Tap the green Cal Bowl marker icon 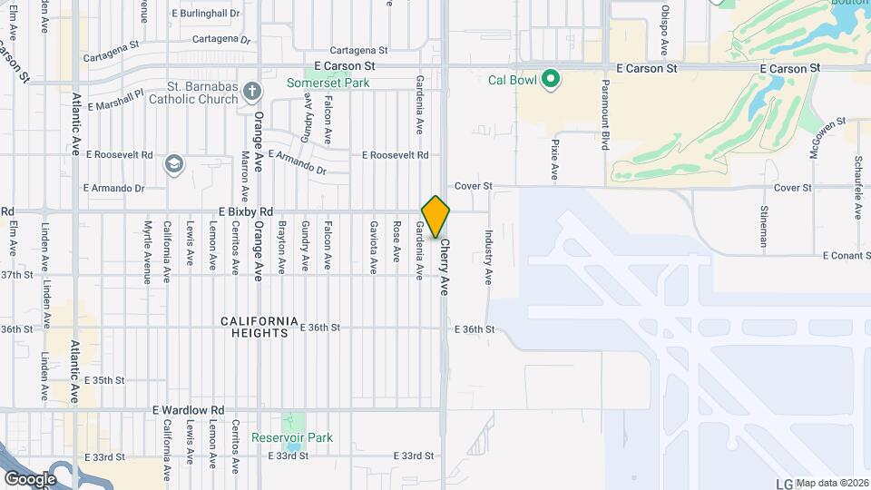550,80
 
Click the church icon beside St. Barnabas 251,91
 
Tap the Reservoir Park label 293,437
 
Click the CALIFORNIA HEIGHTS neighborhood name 259,327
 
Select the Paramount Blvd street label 604,113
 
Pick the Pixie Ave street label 553,158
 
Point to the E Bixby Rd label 246,211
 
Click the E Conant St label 846,256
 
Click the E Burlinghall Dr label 205,15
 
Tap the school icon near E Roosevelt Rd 173,164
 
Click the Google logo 30,478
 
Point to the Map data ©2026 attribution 832,483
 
